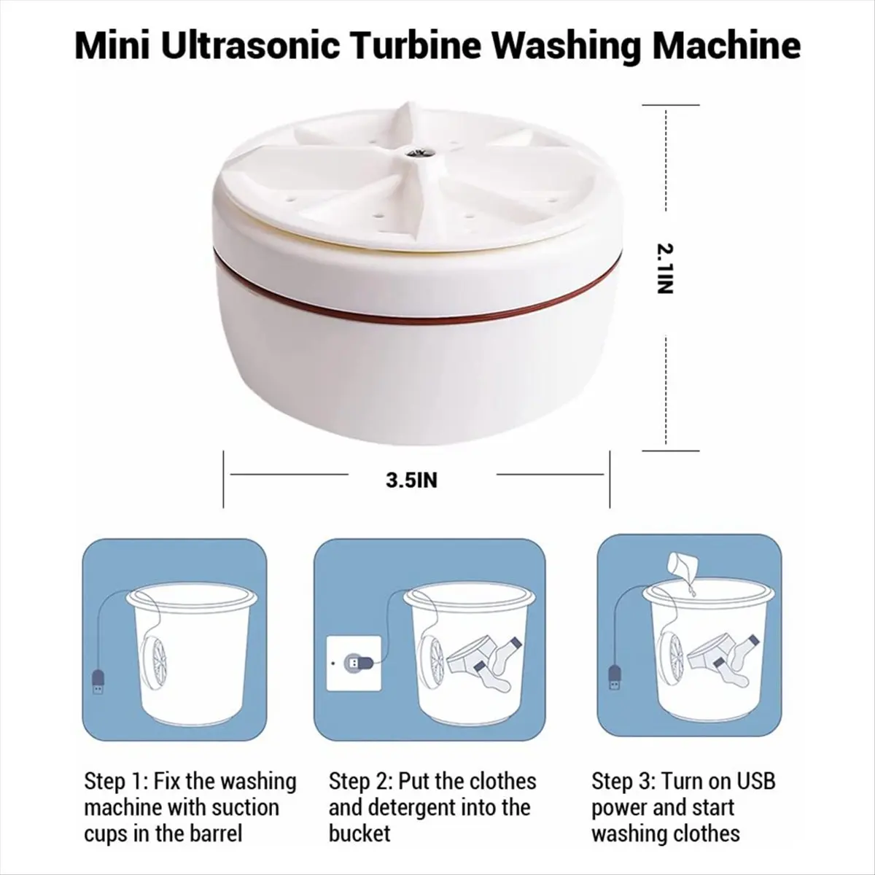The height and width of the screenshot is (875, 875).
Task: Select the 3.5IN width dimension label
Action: pos(412,481)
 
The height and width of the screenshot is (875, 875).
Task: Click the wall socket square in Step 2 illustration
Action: pos(355,664)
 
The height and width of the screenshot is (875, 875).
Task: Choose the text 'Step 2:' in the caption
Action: pos(359,782)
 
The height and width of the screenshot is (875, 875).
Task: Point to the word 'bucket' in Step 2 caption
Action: pos(359,833)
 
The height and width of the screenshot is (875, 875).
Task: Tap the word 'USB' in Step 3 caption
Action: pos(755,782)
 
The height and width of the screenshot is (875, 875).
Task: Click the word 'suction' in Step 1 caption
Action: pos(245,808)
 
